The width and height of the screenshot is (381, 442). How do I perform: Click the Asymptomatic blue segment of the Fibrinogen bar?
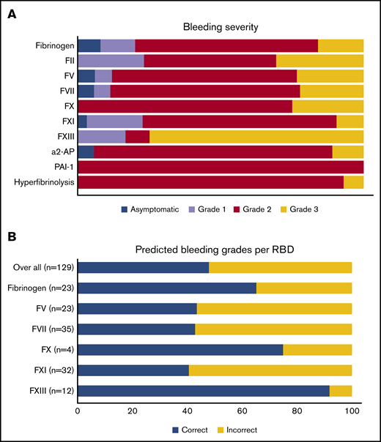pyautogui.click(x=89, y=46)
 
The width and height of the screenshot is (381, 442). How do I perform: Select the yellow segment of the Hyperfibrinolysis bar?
pyautogui.click(x=353, y=182)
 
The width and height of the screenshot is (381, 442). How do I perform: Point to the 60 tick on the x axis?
pyautogui.click(x=243, y=411)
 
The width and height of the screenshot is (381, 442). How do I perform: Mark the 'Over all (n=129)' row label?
pyautogui.click(x=40, y=267)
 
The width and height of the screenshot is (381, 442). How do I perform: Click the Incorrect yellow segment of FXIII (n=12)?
pyautogui.click(x=341, y=391)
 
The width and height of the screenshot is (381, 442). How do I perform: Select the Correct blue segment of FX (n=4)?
pyautogui.click(x=180, y=350)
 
